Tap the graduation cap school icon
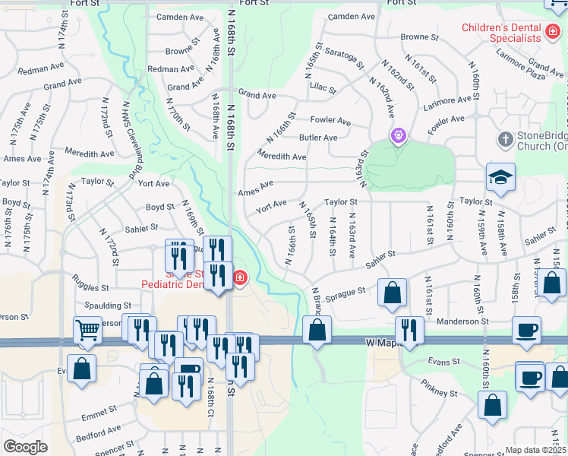tap(501, 177)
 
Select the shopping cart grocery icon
tap(88, 331)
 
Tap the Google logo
tap(25, 447)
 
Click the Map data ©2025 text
tap(536, 450)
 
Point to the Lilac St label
tap(323, 88)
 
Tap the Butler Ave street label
tap(318, 138)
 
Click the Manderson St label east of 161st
tap(461, 321)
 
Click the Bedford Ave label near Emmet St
tap(99, 432)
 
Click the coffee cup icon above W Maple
tap(526, 331)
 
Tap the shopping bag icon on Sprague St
tap(392, 293)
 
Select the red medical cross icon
tap(240, 277)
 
